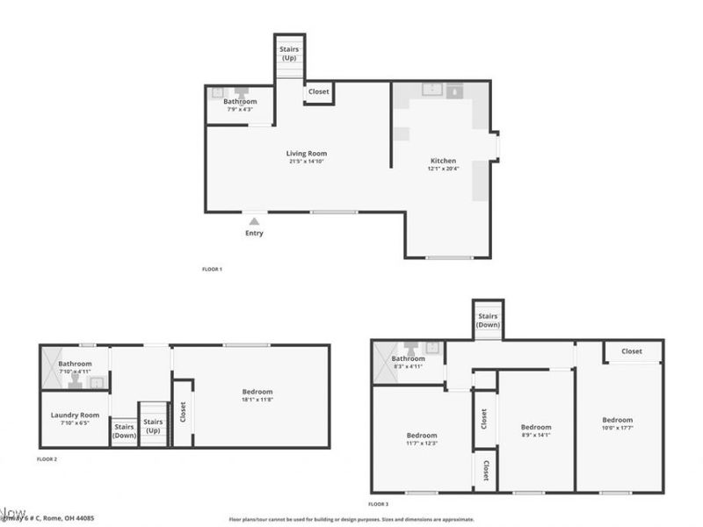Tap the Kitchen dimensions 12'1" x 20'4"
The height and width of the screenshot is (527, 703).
tap(443, 169)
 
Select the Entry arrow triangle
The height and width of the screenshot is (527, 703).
tap(254, 221)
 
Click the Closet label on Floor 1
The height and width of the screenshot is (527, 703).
tap(318, 90)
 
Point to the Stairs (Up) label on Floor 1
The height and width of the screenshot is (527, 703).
tap(289, 54)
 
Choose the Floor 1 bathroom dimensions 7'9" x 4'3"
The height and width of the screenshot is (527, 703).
tap(240, 110)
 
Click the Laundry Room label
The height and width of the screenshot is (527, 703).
tap(78, 415)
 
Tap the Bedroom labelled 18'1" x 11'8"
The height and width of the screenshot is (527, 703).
tap(257, 392)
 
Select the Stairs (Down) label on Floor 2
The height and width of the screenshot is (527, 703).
tap(124, 431)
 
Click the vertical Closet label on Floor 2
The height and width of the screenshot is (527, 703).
tap(183, 413)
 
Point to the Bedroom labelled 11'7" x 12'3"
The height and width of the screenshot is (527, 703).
tap(421, 436)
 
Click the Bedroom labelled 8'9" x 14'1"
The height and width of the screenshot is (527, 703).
tap(536, 428)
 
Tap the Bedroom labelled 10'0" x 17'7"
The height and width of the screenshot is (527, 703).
tap(617, 420)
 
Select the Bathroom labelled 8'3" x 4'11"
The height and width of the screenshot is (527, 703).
tap(408, 358)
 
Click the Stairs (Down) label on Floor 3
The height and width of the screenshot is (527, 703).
tap(488, 320)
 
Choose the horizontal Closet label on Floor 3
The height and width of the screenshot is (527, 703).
tap(631, 351)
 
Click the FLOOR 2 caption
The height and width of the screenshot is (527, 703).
tap(47, 459)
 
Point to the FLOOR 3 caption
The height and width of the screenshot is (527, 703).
tap(378, 504)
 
